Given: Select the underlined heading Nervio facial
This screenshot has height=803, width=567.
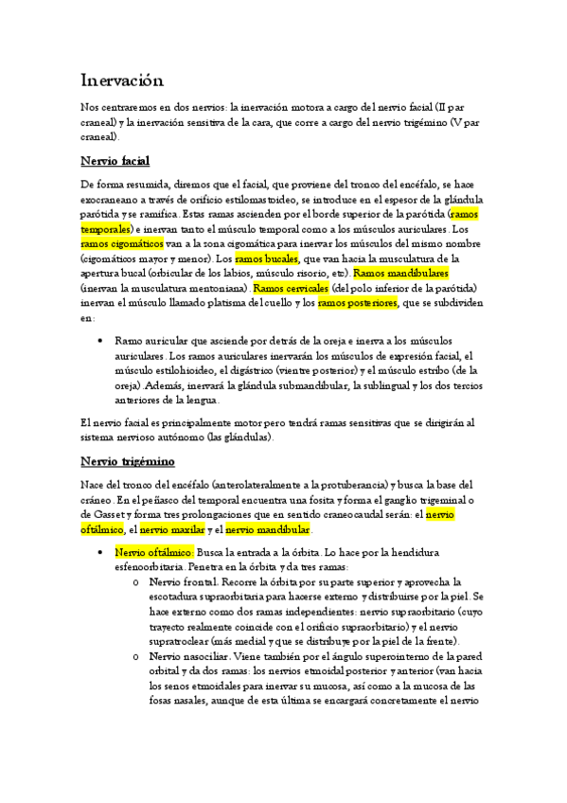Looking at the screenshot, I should click(115, 160).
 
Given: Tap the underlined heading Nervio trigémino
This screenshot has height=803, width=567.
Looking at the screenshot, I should click(128, 461).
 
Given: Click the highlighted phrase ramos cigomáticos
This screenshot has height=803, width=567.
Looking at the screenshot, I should click(122, 243).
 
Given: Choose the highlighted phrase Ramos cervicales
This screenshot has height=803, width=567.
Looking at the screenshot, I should click(292, 287).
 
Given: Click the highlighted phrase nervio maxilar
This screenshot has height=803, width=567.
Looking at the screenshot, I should click(171, 529).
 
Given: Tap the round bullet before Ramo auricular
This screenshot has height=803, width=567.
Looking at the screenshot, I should click(101, 341).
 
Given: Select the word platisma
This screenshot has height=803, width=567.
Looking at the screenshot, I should click(223, 302).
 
